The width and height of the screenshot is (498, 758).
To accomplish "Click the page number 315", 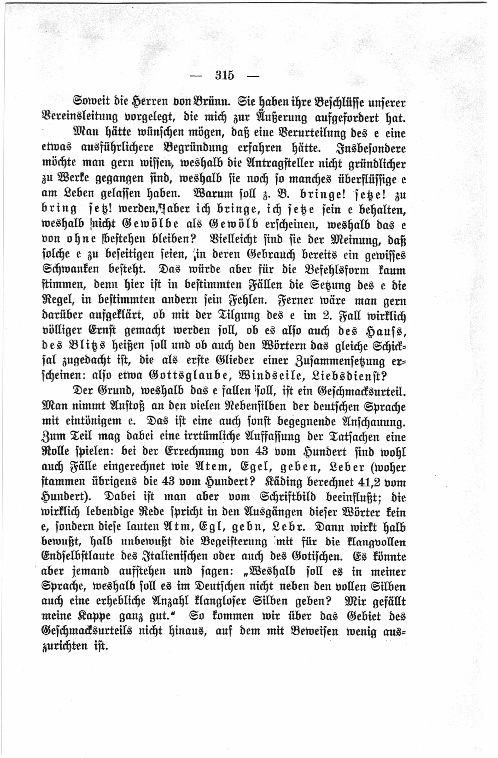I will [x=224, y=75].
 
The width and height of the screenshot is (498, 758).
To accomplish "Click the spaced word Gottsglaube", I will [x=190, y=376].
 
